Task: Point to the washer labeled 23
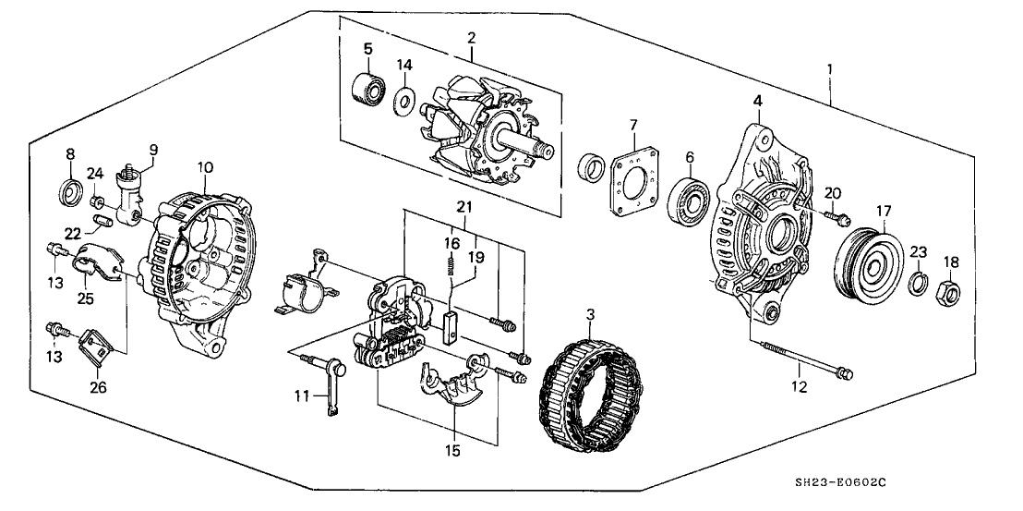(919, 282)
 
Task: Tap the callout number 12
(800, 387)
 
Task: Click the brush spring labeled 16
(452, 268)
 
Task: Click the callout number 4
(756, 100)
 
